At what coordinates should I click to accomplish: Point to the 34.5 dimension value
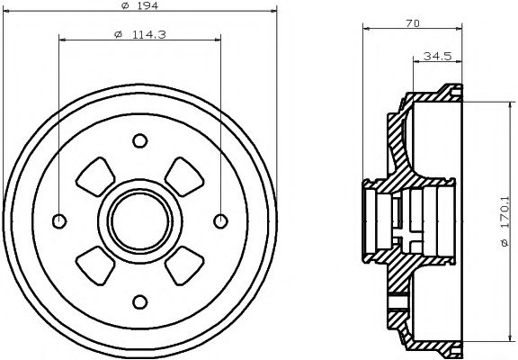tap(439, 56)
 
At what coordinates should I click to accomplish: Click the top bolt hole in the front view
tap(139, 140)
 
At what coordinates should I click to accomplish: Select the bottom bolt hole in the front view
tap(139, 301)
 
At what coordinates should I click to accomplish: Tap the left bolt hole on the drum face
tap(59, 220)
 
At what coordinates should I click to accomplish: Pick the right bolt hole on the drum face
tap(219, 220)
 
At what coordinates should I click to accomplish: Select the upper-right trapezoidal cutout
tap(183, 176)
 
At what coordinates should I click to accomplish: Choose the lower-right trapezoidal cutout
tap(183, 265)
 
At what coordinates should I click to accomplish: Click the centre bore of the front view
tap(139, 220)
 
